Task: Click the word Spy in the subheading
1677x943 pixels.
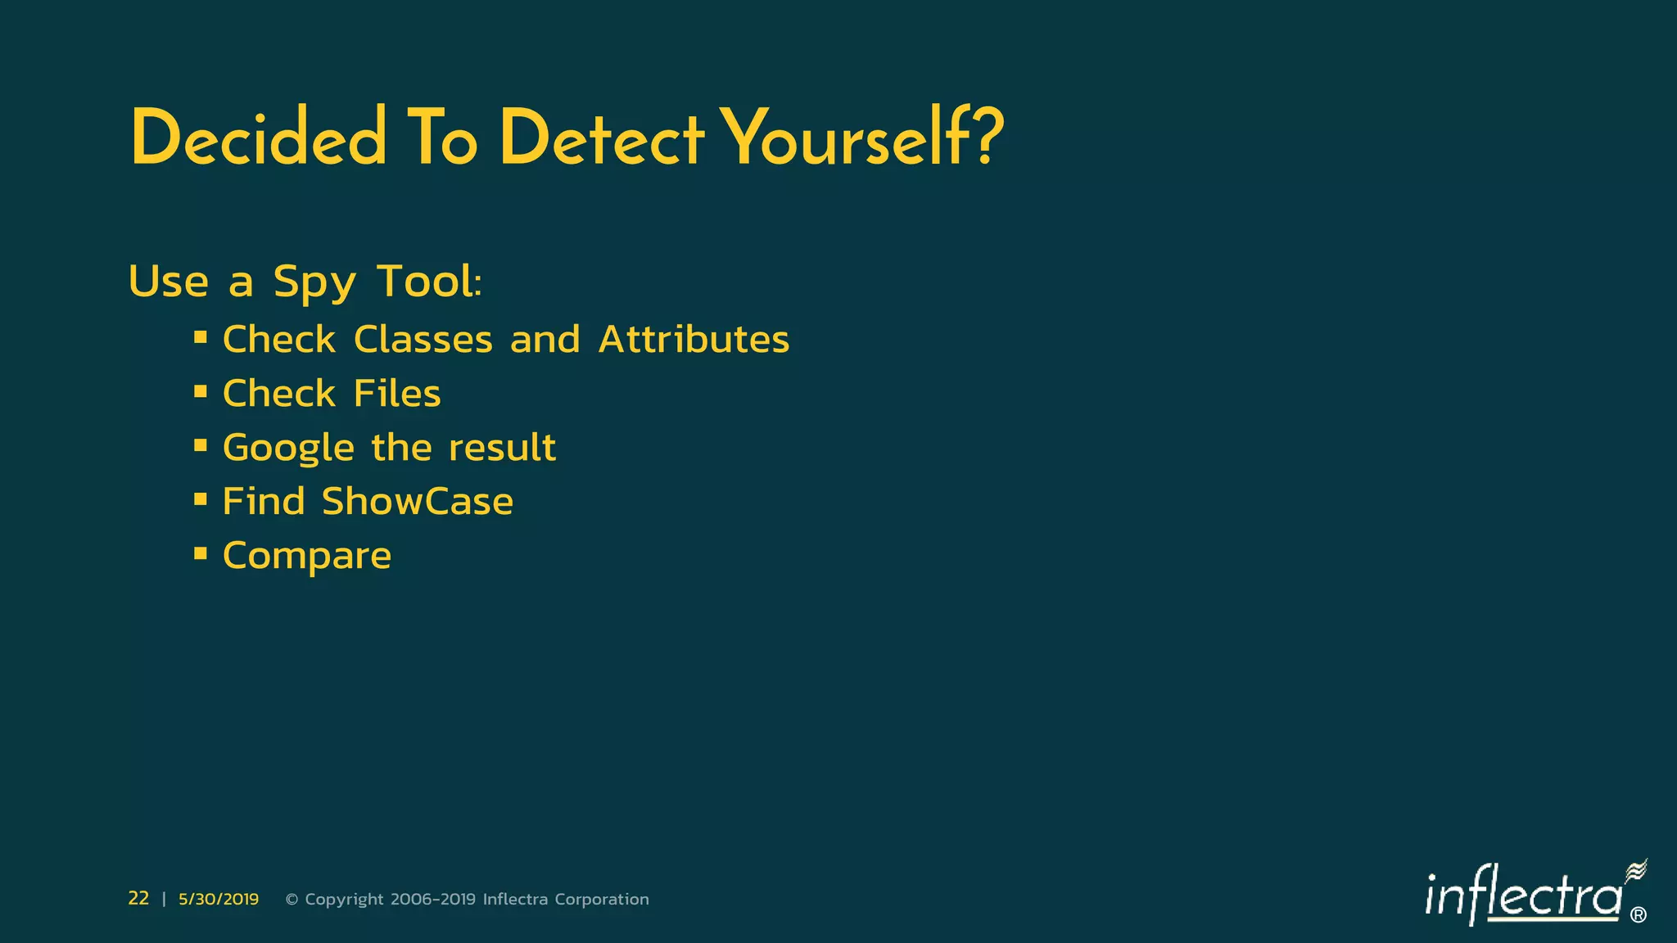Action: tap(314, 283)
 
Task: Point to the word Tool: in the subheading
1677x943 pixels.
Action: tap(429, 282)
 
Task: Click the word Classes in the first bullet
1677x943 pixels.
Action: tap(423, 339)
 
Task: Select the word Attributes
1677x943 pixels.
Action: tap(694, 339)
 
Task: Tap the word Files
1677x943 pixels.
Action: tap(397, 393)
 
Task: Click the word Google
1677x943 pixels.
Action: tap(288, 449)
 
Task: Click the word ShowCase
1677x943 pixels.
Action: tap(417, 501)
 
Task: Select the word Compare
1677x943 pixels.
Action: tap(307, 557)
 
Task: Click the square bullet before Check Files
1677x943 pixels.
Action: tap(201, 391)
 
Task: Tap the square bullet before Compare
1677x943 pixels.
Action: tap(201, 553)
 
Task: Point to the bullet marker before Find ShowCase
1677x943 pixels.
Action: tap(201, 499)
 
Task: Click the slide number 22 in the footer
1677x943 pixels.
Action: tap(138, 898)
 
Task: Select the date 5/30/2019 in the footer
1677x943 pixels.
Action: tap(219, 899)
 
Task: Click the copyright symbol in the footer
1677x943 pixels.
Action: tap(292, 900)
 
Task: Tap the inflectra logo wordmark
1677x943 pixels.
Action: tap(1523, 896)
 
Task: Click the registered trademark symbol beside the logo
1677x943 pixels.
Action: tap(1639, 915)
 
